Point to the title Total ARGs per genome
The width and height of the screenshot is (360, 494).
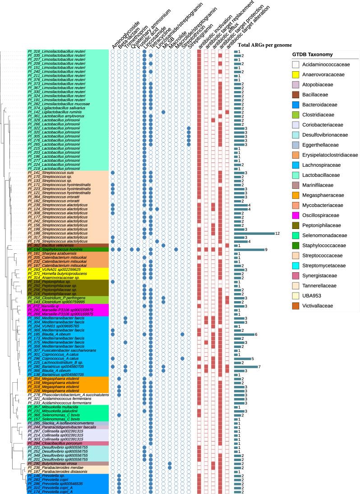pyautogui.click(x=259, y=46)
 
